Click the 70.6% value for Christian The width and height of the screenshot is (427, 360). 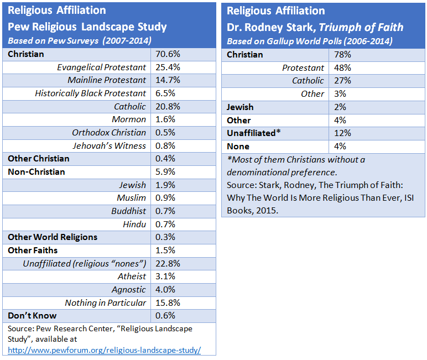166,54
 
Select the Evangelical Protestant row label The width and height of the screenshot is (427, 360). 102,67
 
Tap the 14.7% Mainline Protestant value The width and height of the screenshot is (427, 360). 166,80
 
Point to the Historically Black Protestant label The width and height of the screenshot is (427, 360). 91,93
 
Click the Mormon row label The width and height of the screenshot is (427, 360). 129,119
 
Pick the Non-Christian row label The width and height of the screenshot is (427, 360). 37,172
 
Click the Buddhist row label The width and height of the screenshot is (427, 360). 129,211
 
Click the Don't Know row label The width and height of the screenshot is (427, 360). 32,316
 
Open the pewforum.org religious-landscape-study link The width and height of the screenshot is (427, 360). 104,350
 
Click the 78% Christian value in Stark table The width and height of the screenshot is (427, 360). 342,54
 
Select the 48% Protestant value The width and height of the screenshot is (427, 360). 342,67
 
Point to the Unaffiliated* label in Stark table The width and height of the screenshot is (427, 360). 254,133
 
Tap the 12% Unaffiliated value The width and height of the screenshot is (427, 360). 342,133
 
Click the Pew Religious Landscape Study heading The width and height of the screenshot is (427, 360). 87,27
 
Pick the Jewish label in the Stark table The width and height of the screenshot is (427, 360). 241,107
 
